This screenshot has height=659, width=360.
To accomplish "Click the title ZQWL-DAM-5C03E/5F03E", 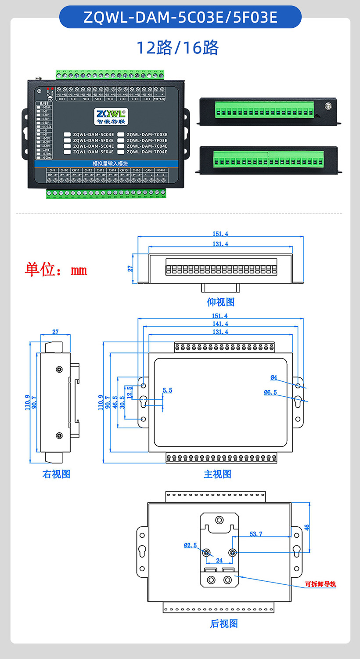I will (180, 17).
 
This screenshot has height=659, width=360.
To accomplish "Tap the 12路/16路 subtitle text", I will (177, 47).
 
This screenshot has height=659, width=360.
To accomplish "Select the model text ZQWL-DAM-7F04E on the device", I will (147, 152).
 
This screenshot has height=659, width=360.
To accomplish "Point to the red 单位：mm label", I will (56, 269).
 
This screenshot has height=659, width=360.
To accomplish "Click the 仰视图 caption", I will (221, 302).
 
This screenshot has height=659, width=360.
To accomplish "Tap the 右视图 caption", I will (56, 474).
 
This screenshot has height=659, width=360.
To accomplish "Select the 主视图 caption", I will (217, 474).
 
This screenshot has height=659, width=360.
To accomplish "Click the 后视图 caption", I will (224, 623).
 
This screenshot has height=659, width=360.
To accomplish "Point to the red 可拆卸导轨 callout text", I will (321, 584).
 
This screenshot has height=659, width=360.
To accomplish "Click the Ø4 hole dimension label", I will (274, 377).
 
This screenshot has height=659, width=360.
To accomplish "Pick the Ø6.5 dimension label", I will (270, 392).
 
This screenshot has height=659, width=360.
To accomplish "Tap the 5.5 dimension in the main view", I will (167, 390).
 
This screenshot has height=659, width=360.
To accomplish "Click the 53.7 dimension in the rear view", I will (256, 534).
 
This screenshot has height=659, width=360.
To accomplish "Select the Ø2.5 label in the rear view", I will (190, 545).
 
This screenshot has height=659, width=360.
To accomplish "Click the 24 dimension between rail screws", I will (219, 560).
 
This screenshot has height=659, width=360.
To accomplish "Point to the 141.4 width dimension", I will (220, 324).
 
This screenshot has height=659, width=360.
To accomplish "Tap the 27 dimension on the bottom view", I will (130, 268).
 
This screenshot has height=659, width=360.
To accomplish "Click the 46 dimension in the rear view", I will (307, 527).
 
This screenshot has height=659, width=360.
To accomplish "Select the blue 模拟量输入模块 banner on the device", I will (110, 163).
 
